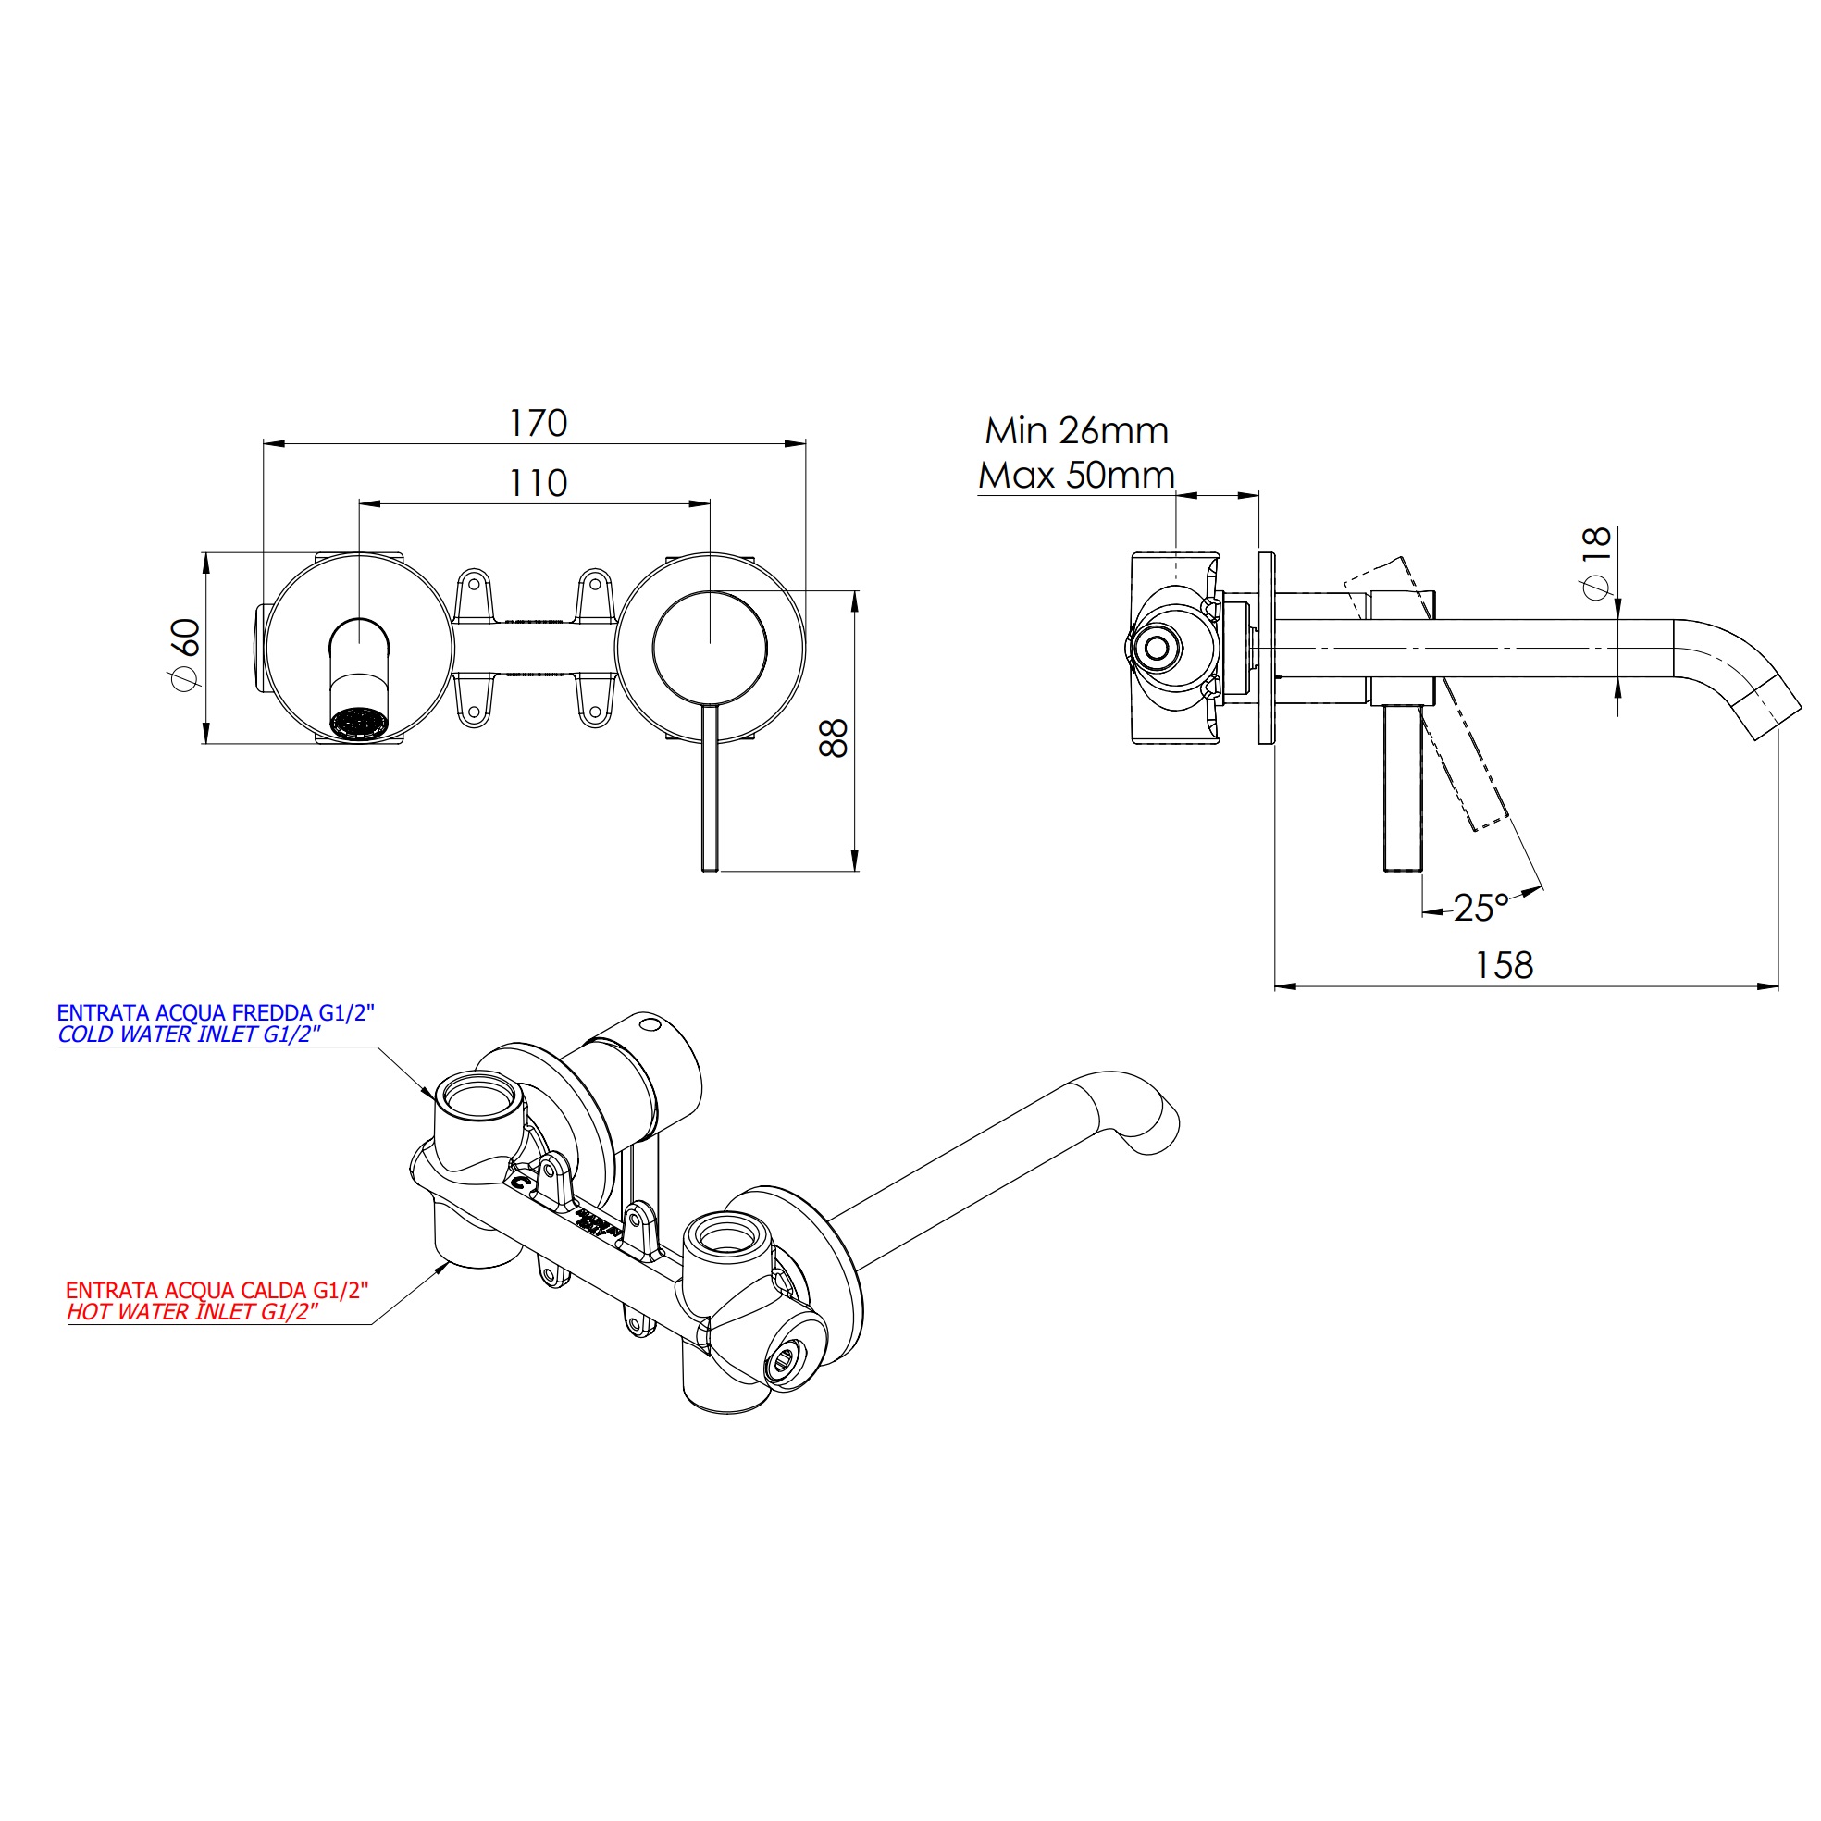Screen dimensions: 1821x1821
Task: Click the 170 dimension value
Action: (539, 423)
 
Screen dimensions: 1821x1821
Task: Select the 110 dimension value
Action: (539, 484)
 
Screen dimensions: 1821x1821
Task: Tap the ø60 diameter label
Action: (185, 651)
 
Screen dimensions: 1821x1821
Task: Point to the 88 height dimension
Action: (834, 738)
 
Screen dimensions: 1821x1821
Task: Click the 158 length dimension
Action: (1504, 965)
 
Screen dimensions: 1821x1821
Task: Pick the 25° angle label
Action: (1480, 908)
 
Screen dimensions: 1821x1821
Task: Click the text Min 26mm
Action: (1076, 431)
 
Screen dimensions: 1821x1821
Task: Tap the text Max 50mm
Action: (1076, 475)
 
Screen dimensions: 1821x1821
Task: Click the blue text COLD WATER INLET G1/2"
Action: (190, 1034)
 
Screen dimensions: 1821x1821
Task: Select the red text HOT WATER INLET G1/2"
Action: (192, 1312)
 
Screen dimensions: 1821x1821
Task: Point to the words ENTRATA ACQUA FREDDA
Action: (185, 1013)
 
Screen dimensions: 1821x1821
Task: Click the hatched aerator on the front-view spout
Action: (359, 723)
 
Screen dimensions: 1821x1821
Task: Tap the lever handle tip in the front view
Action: (710, 863)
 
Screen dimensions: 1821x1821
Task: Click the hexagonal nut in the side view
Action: (1156, 648)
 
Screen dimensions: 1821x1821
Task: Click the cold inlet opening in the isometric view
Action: (478, 1096)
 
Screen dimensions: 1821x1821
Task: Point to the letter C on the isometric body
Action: (520, 1179)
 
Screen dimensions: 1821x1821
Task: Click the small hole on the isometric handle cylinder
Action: (649, 1023)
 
